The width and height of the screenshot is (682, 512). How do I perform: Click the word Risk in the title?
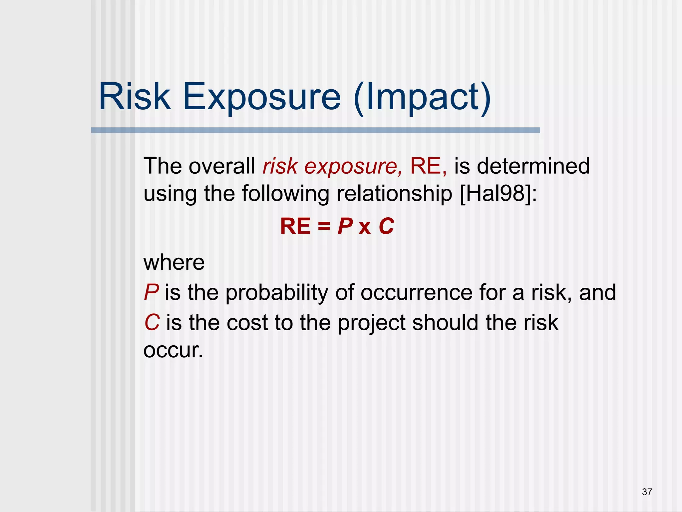click(x=135, y=97)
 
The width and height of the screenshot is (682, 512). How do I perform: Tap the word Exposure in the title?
click(x=262, y=97)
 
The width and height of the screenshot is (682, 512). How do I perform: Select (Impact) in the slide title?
click(x=422, y=97)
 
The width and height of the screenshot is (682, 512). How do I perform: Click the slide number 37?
click(x=647, y=492)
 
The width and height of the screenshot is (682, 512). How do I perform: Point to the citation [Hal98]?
click(x=498, y=193)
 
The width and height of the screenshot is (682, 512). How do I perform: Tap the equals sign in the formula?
click(x=324, y=227)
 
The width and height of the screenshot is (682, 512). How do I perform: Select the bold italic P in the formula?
click(x=345, y=226)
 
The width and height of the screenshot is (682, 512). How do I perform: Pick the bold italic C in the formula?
click(x=386, y=226)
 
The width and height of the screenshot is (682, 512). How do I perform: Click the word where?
click(x=174, y=262)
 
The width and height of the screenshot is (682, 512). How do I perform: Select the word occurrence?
click(x=416, y=293)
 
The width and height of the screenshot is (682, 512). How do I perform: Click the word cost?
click(x=247, y=323)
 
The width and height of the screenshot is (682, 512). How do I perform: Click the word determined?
click(x=533, y=166)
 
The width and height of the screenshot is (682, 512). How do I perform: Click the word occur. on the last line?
click(x=173, y=351)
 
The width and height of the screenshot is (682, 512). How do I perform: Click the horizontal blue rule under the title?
click(x=315, y=130)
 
